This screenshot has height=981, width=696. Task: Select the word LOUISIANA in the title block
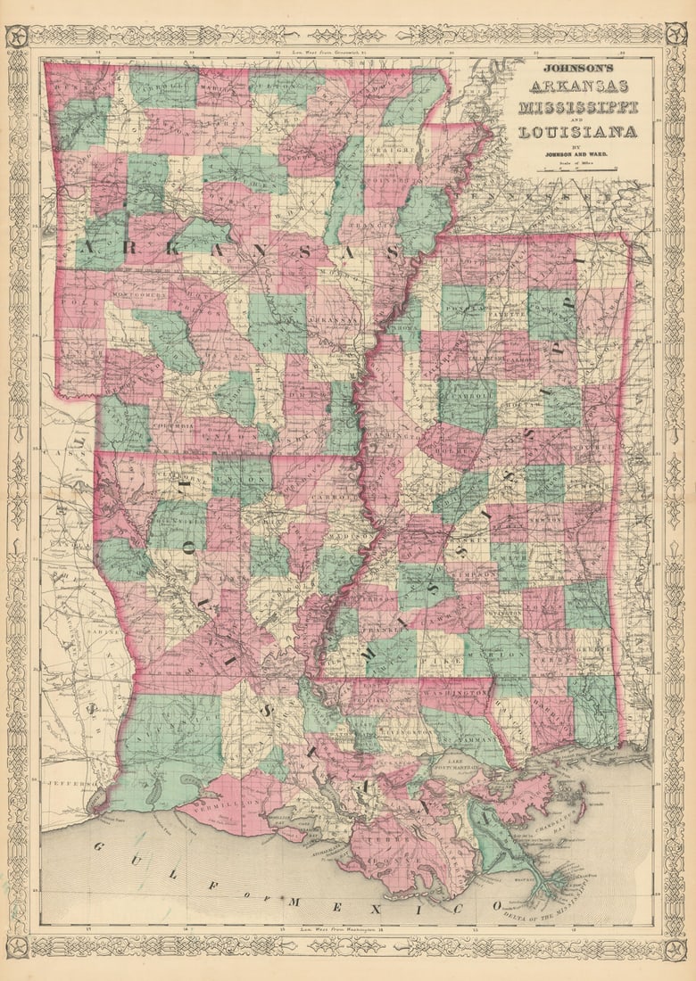(x=578, y=132)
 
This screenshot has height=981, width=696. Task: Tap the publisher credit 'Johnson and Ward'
(x=578, y=153)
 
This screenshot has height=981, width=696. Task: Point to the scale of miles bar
(x=578, y=169)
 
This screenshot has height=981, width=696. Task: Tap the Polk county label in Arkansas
(x=73, y=303)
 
